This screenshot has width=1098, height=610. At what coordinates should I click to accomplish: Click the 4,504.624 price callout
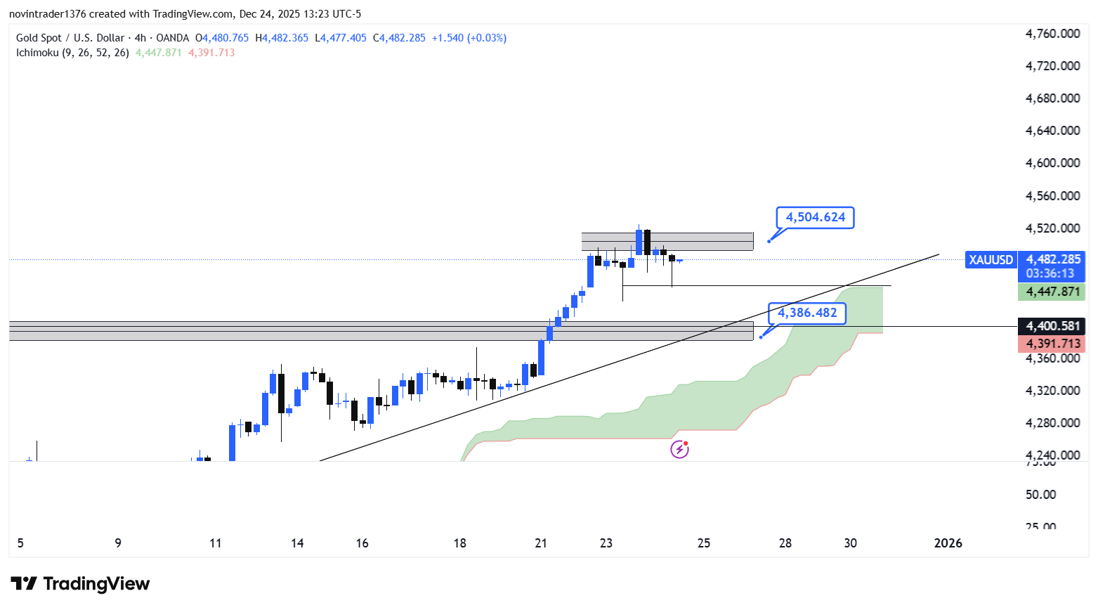pos(815,217)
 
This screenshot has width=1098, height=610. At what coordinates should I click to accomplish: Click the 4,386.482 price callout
pos(807,313)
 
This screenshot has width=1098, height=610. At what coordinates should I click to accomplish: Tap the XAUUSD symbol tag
pos(991,260)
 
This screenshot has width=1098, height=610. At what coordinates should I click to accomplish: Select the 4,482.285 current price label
pos(1053,259)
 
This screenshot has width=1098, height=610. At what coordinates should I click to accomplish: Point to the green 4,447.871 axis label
pos(1052,292)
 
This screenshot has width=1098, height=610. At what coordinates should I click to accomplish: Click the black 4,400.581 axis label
pos(1052,326)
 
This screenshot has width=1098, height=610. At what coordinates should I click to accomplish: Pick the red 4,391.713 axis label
pos(1052,344)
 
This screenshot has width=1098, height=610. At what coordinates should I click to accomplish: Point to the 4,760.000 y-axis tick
pos(1052,34)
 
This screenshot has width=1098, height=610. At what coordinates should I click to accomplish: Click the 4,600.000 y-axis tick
pos(1052,163)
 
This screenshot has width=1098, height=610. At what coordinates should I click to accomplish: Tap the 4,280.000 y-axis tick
pos(1052,423)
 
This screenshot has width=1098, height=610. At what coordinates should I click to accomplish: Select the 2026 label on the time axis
pos(948,543)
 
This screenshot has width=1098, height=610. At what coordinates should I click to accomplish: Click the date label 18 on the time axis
pos(459,543)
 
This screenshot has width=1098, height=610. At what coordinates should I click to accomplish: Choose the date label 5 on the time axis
pos(20,543)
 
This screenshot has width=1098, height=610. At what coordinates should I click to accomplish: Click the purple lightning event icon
pos(679,449)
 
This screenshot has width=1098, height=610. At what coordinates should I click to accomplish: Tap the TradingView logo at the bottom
pos(80,584)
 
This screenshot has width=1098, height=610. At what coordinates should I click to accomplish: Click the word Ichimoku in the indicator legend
pos(37,53)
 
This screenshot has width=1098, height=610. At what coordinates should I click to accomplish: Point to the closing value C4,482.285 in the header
pos(399,38)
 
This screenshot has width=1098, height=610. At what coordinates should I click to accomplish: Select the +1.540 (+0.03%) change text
pos(469,38)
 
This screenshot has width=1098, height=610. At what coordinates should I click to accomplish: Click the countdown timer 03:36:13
pos(1050,273)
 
